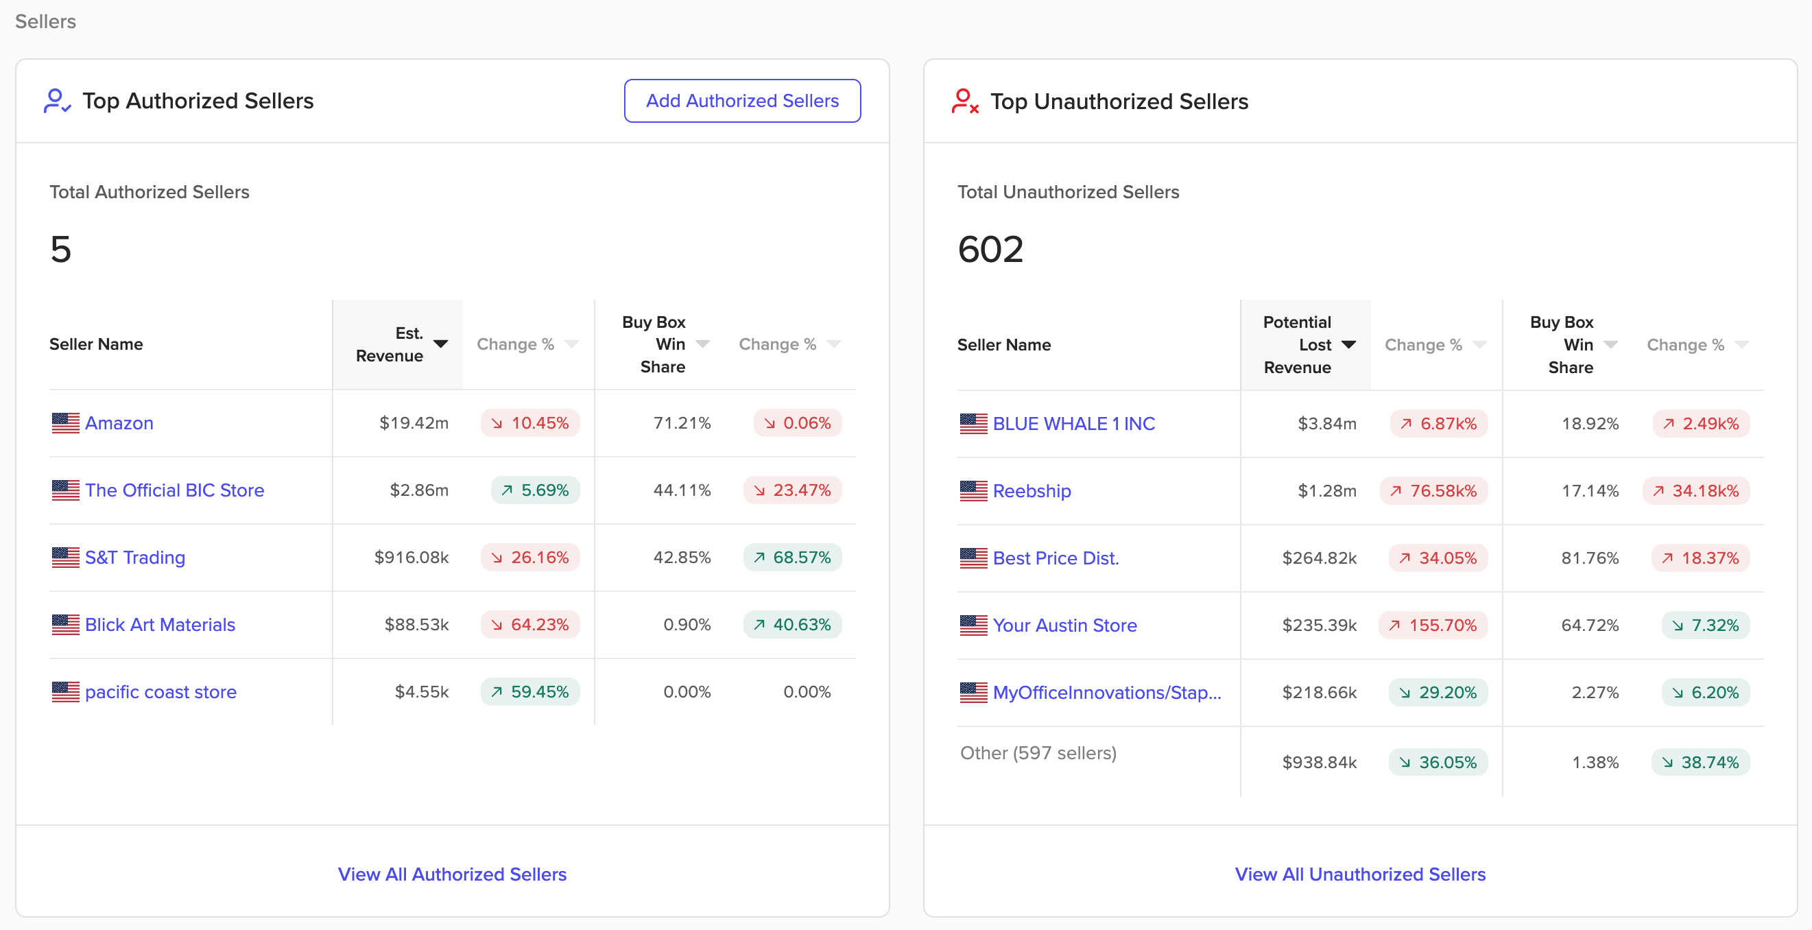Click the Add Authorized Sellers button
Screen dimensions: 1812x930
click(x=742, y=101)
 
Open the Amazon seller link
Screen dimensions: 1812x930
click(x=119, y=422)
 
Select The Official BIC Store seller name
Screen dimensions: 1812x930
click(x=174, y=490)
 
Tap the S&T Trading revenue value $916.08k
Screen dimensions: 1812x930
click(x=412, y=557)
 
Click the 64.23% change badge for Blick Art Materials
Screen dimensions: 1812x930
click(x=530, y=625)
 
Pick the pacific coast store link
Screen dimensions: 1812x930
click(x=160, y=692)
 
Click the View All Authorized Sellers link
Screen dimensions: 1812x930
click(x=452, y=874)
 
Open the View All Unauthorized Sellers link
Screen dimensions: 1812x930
click(x=1361, y=874)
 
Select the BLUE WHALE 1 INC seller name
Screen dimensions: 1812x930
click(x=1073, y=423)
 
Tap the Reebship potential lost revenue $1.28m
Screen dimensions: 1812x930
click(x=1326, y=490)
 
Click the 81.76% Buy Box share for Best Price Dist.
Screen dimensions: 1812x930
click(x=1590, y=558)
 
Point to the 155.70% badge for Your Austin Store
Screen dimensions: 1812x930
click(x=1433, y=625)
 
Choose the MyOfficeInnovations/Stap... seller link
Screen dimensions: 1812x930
click(x=1107, y=693)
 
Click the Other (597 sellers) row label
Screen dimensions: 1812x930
click(x=1038, y=753)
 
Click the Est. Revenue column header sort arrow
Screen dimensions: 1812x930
click(x=441, y=344)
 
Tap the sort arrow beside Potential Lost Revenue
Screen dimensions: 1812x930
click(x=1349, y=344)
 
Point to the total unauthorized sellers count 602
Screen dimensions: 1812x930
click(x=990, y=249)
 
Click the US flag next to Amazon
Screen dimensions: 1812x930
click(x=65, y=422)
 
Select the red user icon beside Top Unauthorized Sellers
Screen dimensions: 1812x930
click(x=965, y=102)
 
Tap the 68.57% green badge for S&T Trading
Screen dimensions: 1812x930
click(x=793, y=557)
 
